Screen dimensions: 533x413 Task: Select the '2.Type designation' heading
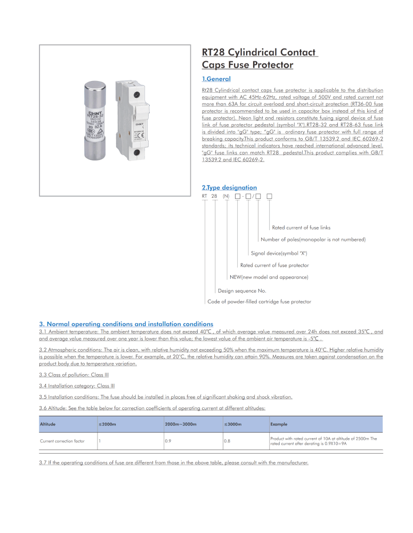point(229,188)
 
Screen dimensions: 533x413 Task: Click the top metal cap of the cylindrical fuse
point(97,88)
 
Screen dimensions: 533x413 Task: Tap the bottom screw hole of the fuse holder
point(137,154)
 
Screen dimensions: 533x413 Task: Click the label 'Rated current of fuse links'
point(301,228)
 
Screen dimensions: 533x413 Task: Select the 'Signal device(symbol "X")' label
point(279,253)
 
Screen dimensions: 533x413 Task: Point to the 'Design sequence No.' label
point(242,291)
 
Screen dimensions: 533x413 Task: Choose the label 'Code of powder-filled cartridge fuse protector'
point(259,302)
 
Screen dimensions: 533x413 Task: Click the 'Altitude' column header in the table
point(47,424)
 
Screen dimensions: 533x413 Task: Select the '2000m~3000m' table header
point(181,424)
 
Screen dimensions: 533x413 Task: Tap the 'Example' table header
point(279,424)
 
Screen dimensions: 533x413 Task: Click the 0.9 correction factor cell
point(168,441)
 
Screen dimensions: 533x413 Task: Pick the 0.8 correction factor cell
point(227,441)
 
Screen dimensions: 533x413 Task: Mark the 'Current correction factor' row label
point(62,441)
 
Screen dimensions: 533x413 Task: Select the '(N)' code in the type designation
point(226,197)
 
